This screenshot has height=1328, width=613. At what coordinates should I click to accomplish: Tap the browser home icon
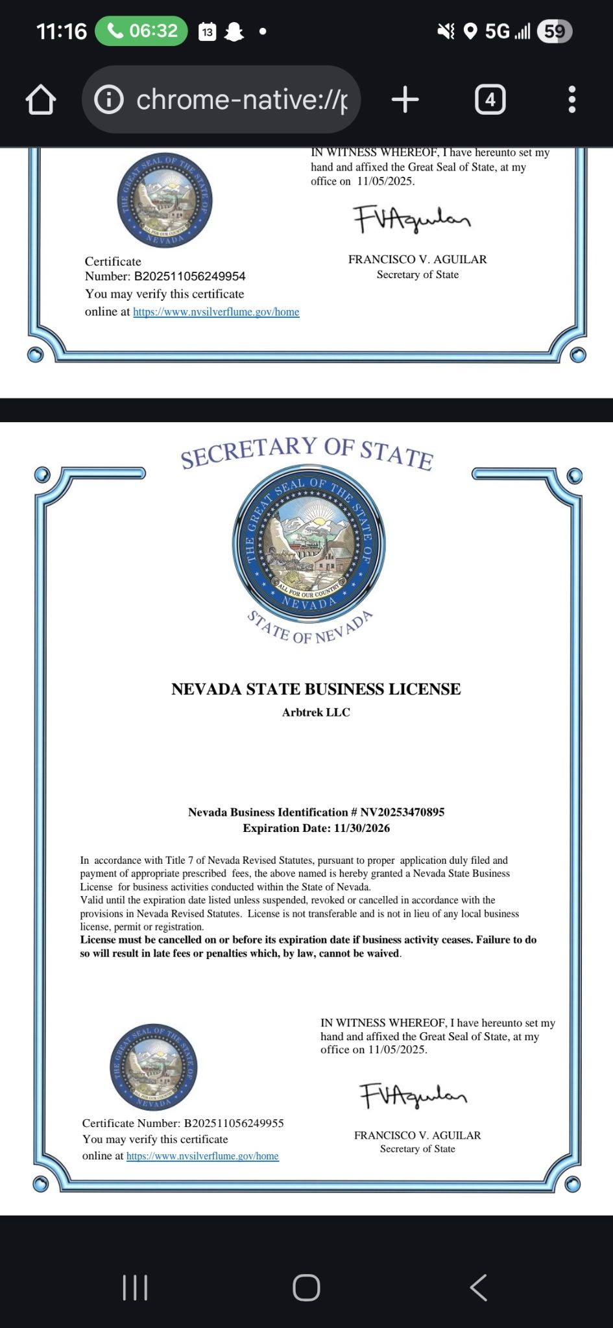click(41, 100)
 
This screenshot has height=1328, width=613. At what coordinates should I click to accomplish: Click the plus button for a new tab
click(405, 100)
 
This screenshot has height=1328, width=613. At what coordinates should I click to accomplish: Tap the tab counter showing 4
click(490, 100)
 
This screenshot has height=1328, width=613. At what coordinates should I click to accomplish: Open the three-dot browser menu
click(571, 100)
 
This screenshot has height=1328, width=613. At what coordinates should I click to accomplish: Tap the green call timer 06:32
click(141, 31)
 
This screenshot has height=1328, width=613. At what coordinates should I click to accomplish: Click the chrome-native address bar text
click(241, 100)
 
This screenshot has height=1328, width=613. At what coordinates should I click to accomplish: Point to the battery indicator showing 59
click(554, 31)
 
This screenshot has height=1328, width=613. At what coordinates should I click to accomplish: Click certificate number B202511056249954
click(189, 276)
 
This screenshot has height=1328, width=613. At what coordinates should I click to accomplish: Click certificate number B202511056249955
click(234, 1123)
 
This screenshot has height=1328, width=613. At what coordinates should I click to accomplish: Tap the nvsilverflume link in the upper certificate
click(216, 312)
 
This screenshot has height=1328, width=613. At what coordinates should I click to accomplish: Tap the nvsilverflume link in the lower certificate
click(202, 1156)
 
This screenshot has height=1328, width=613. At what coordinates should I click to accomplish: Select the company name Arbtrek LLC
click(316, 712)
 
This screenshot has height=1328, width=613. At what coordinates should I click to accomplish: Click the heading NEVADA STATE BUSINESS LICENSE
click(316, 689)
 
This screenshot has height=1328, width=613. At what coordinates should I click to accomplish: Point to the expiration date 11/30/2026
click(361, 828)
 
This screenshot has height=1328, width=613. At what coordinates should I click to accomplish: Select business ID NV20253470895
click(402, 812)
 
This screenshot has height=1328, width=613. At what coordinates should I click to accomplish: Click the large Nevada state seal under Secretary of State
click(309, 543)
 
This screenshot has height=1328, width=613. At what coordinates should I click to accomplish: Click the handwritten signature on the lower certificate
click(413, 1095)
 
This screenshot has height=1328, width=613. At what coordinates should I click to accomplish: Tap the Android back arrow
click(479, 1288)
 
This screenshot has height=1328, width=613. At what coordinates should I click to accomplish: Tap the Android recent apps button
click(135, 1288)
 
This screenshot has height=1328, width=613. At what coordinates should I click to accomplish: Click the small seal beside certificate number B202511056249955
click(154, 1067)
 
